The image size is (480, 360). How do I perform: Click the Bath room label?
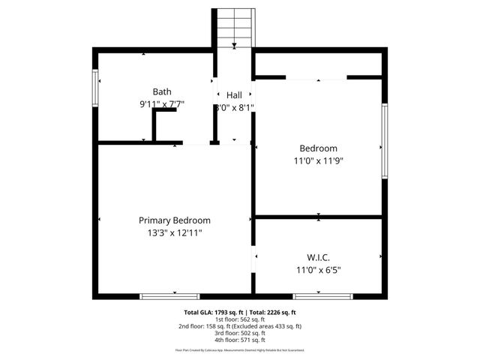161,91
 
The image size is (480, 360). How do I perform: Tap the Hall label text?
234,95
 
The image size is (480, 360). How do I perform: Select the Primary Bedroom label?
174,220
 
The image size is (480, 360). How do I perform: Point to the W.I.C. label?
319,257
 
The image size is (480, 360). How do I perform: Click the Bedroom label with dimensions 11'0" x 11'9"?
319,148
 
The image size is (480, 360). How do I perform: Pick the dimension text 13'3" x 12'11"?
174,233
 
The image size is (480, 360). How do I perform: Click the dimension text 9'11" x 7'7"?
162,105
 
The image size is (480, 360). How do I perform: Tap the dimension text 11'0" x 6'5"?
319,270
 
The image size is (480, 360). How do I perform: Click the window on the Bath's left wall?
95,86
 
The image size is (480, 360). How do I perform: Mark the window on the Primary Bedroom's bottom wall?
159,296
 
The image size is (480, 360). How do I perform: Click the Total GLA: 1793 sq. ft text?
211,312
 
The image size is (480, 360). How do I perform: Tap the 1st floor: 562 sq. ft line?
240,319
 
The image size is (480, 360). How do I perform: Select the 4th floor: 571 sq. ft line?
240,340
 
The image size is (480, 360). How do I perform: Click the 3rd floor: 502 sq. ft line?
240,333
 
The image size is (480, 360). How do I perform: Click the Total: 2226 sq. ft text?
273,312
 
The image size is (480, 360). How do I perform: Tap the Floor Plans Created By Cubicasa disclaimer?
240,350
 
